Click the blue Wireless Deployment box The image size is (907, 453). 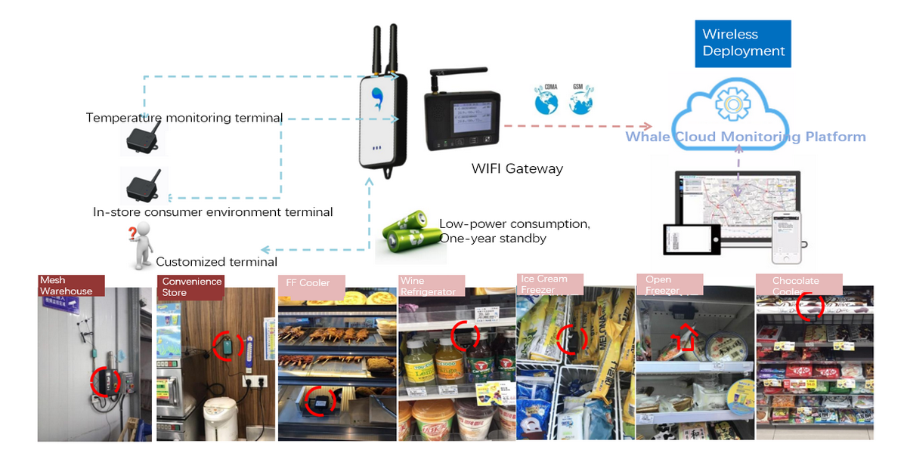click(743, 43)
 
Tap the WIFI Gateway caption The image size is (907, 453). click(517, 168)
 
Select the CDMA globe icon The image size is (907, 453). click(545, 100)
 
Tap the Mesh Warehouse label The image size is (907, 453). click(66, 286)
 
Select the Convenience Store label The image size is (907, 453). click(192, 286)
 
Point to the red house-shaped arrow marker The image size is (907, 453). click(682, 338)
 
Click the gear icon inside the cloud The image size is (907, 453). click(731, 103)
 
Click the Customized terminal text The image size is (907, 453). click(216, 262)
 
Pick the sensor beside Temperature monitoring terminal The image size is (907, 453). click(144, 138)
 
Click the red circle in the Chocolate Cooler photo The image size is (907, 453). click(810, 305)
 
